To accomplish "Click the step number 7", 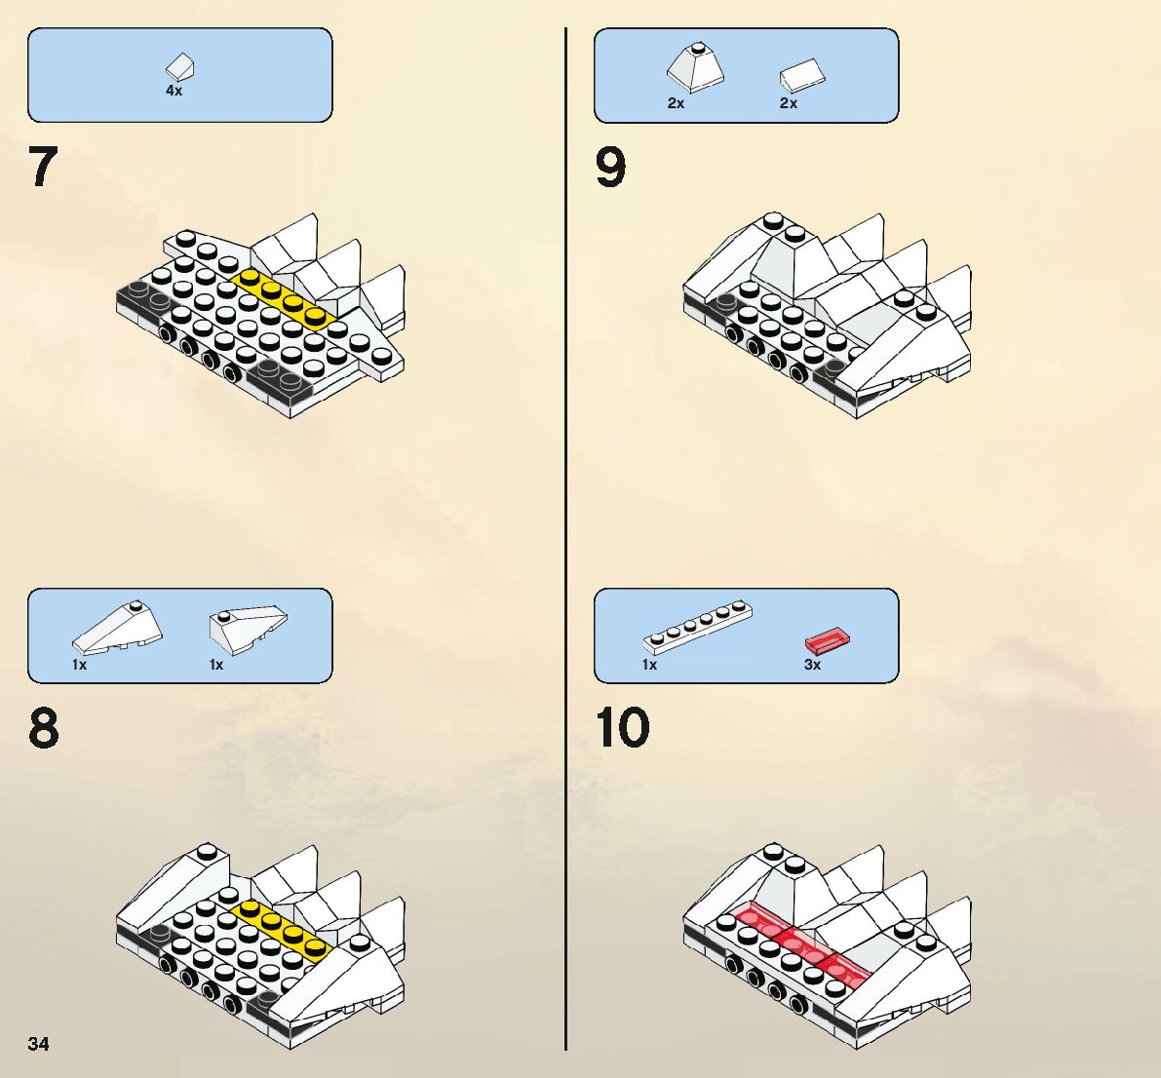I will (x=44, y=168).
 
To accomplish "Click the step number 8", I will (x=44, y=728).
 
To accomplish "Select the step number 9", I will (x=610, y=168).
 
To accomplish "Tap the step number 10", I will (x=622, y=728).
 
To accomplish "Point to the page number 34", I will (x=39, y=1044).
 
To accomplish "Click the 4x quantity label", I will (x=174, y=91).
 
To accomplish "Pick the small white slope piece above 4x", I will (x=180, y=67).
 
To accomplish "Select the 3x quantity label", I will (x=812, y=665).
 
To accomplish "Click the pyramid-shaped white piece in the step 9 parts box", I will (x=695, y=68).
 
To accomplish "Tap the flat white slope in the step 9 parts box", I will (x=803, y=75).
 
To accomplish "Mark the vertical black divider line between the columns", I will (x=565, y=536).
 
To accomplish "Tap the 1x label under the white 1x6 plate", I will (x=649, y=665).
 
